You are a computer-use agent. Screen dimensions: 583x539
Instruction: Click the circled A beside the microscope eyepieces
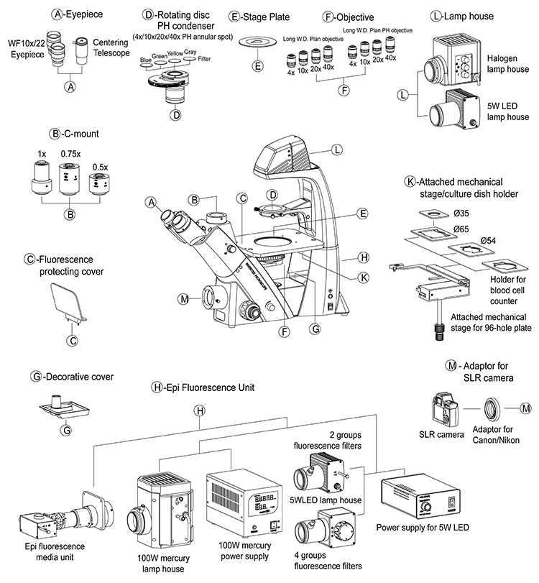152,203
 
